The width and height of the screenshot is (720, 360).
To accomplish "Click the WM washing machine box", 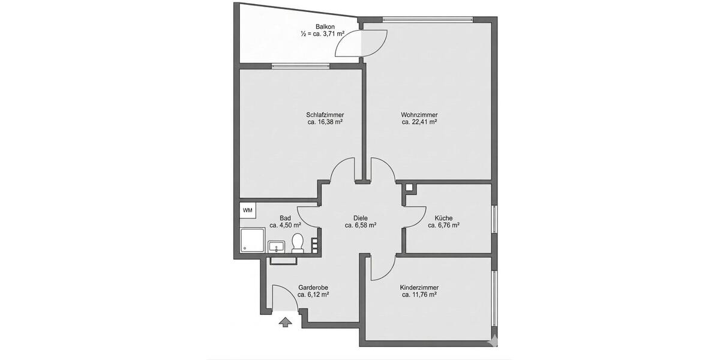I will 247,211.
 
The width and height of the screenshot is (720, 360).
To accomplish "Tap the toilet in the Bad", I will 297,243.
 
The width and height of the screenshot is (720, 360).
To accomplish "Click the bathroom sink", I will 277,246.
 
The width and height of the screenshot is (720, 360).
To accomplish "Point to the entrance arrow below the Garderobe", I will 285,322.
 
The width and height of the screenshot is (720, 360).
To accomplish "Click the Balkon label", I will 326,26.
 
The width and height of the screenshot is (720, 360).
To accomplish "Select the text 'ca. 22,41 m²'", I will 419,122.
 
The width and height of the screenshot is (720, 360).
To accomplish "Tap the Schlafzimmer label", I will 325,115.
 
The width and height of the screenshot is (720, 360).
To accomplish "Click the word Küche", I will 443,218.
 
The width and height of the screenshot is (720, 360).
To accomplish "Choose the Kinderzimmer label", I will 418,287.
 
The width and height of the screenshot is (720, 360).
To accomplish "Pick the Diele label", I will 361,218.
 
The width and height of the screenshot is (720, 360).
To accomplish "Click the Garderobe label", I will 313,287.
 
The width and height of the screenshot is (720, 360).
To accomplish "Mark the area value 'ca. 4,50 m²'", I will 285,226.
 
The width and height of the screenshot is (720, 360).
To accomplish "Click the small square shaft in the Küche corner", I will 409,187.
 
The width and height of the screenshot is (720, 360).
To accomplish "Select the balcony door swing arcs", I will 361,43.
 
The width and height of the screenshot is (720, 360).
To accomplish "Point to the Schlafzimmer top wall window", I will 299,66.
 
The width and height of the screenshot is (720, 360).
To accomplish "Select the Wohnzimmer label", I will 419,115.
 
